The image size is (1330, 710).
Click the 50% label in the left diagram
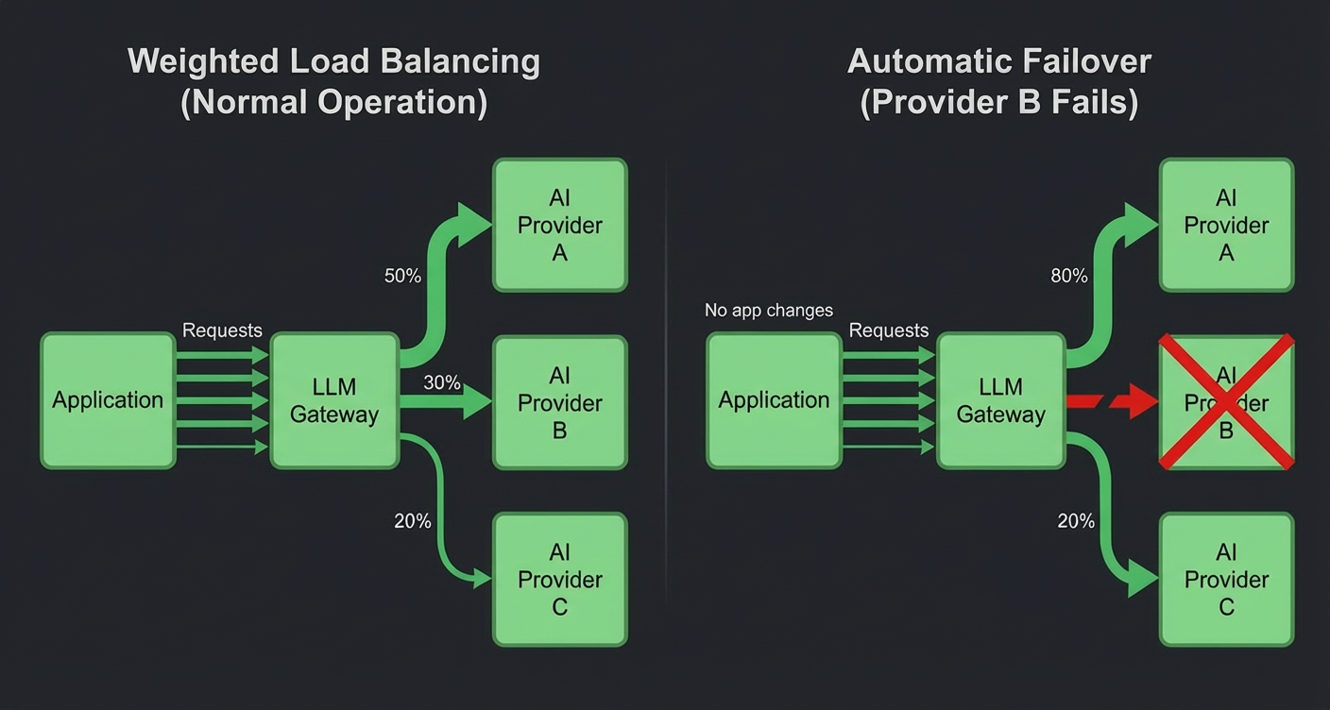pos(402,276)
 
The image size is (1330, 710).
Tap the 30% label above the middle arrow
pos(442,382)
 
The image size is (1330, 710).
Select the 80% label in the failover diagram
pos(1069,276)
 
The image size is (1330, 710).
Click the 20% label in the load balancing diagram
pos(413,520)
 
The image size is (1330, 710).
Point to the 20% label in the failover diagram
pos(1076,520)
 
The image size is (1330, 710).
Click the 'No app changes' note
pos(769,311)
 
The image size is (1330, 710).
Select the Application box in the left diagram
pos(108,400)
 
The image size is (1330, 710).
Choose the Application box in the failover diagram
pos(774,400)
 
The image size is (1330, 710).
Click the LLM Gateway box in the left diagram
pos(334,400)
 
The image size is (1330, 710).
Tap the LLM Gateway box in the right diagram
pos(1000,400)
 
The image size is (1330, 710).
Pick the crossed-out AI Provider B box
pos(1226,402)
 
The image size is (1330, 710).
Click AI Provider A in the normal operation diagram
pos(560,225)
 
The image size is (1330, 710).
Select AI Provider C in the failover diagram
pos(1226,579)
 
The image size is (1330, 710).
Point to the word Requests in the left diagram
pos(222,330)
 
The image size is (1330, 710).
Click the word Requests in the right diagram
pos(889,330)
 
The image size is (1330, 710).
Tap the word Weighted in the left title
pos(193,61)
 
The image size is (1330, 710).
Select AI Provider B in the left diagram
pos(560,402)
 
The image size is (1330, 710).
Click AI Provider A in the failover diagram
pos(1226,225)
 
